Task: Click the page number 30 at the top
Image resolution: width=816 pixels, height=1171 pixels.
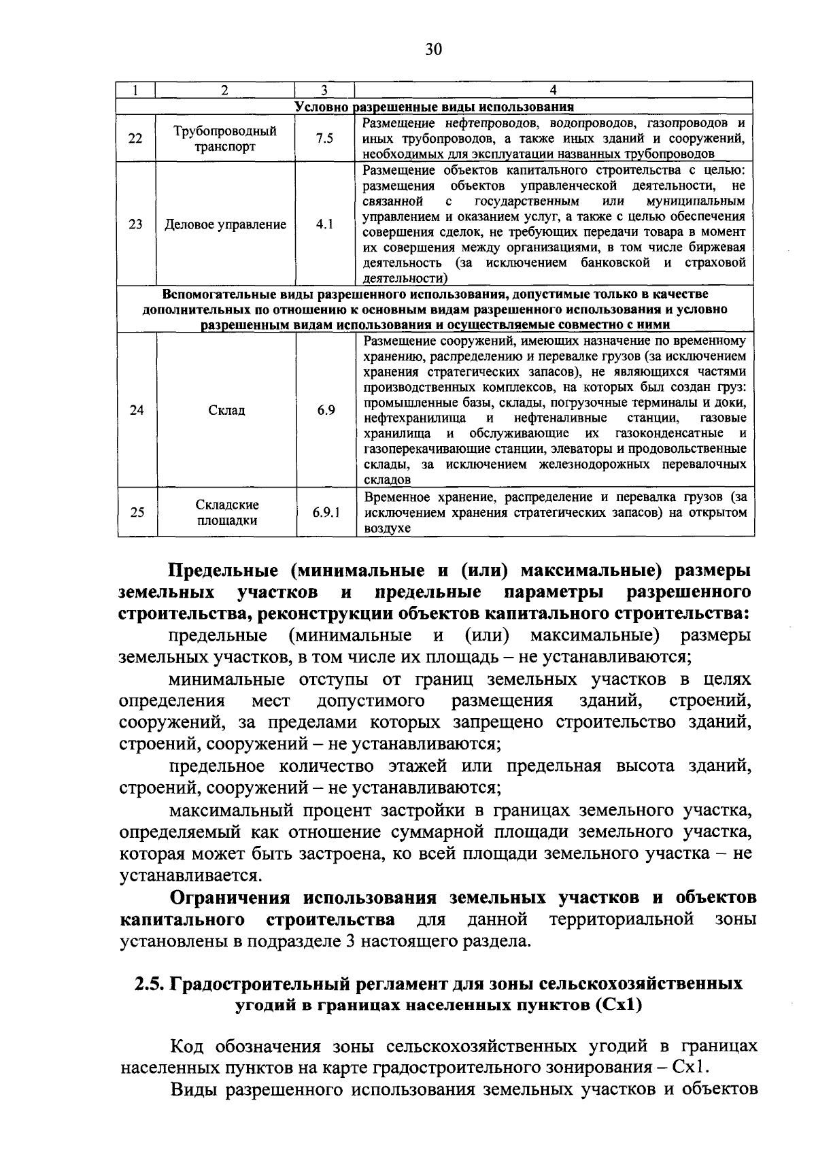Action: tap(434, 49)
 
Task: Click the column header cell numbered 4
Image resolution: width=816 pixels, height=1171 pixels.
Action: tap(554, 90)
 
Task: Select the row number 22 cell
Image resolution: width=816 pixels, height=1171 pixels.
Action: tap(136, 138)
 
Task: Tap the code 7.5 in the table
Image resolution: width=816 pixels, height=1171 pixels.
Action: tap(325, 138)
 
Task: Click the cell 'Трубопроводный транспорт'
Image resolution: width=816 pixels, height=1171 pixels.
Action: tap(225, 139)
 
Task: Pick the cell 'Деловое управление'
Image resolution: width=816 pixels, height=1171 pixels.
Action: tap(226, 224)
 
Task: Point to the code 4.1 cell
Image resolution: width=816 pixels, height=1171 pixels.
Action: tap(325, 224)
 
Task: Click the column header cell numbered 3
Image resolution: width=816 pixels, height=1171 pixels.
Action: tap(325, 90)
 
